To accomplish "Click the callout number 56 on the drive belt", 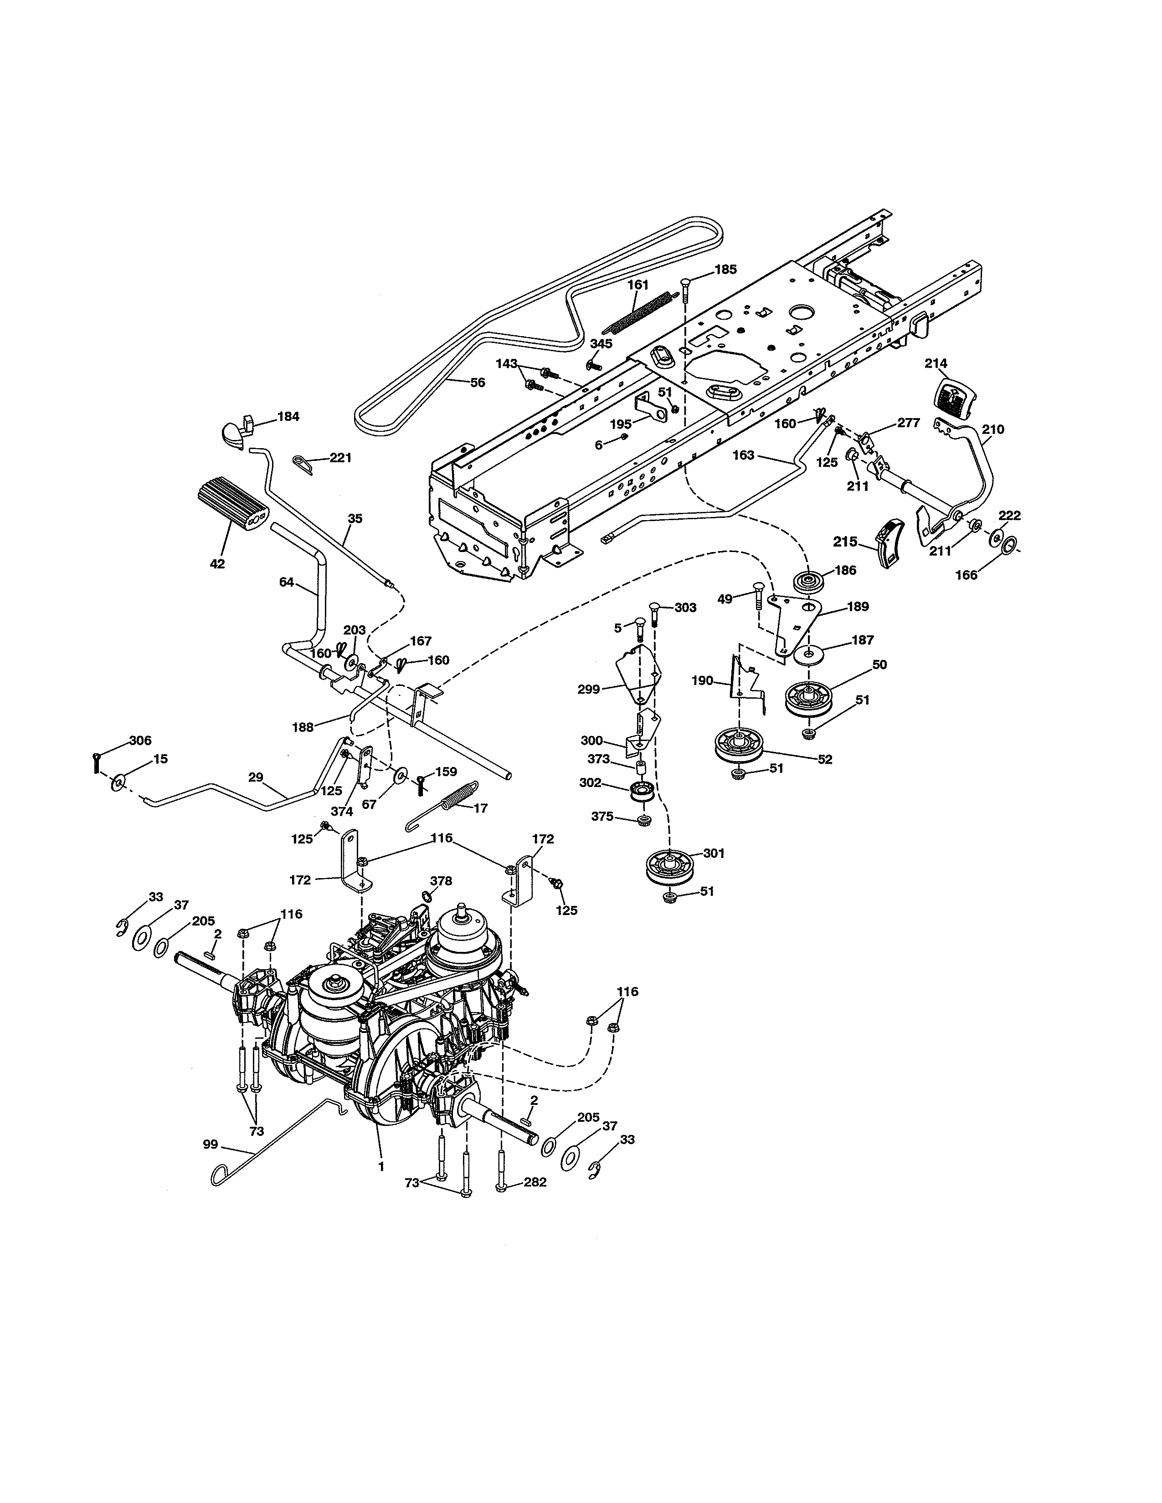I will [477, 382].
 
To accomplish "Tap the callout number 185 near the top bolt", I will [725, 269].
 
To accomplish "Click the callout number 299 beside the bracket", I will [589, 689].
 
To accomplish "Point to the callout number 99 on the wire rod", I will [211, 1145].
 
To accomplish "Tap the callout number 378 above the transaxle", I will [441, 880].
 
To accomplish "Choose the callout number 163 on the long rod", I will [744, 455].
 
